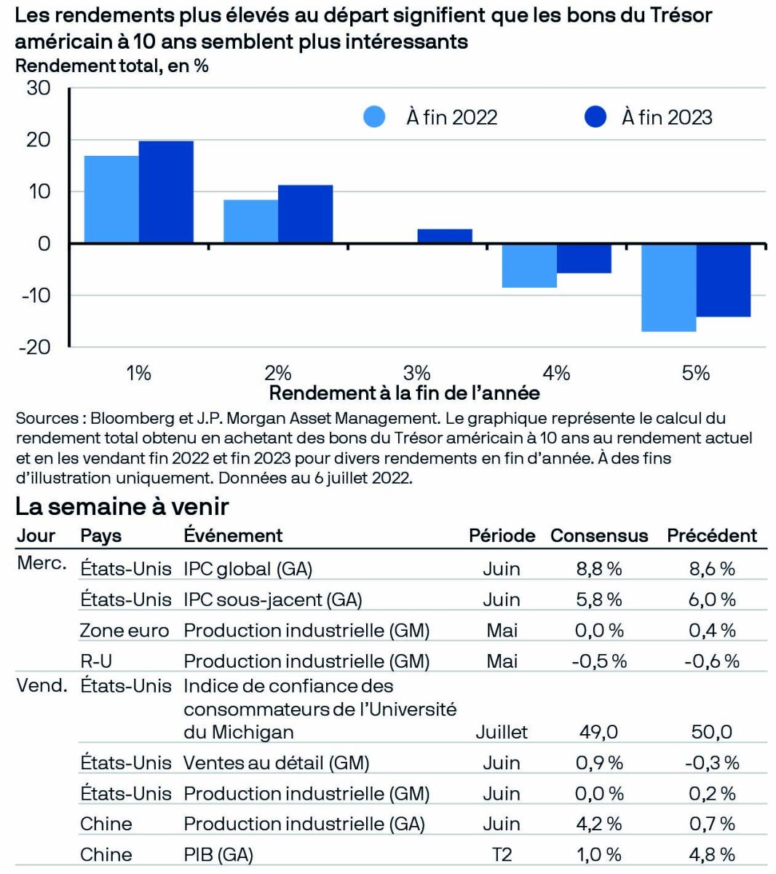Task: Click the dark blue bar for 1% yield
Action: point(166,192)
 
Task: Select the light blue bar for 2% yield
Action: point(250,221)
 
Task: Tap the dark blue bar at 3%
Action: point(444,236)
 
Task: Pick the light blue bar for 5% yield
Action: point(668,288)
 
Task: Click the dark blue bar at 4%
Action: point(584,259)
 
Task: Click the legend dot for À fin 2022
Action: point(374,117)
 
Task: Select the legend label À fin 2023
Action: point(667,117)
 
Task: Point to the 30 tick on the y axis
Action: point(39,89)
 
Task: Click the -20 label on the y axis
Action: point(35,347)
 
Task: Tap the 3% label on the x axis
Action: point(416,373)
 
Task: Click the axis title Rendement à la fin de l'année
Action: point(405,393)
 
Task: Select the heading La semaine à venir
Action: point(122,506)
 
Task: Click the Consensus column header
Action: point(598,535)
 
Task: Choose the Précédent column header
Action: point(712,535)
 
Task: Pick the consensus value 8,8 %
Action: point(598,569)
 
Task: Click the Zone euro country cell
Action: point(124,630)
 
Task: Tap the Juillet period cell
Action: point(502,732)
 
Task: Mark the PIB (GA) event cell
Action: point(218,854)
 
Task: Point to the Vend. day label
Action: point(41,685)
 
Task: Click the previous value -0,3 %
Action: point(712,763)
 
